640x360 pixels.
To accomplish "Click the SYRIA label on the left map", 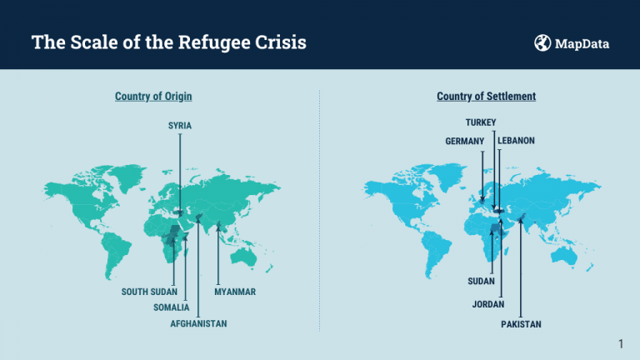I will (x=180, y=125).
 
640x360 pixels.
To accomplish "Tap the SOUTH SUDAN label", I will (x=149, y=292).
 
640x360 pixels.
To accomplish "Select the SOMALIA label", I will (x=172, y=307).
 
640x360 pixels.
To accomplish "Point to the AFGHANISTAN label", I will (x=198, y=322).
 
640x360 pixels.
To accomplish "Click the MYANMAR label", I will (x=234, y=292).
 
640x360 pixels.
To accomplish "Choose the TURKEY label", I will (x=481, y=122).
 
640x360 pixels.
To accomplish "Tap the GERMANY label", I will (x=465, y=141).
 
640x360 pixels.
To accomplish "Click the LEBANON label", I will (x=516, y=141).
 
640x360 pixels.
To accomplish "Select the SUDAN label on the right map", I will (x=482, y=281).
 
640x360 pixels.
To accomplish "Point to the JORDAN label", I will (x=488, y=304).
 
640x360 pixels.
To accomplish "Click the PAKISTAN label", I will (x=521, y=323).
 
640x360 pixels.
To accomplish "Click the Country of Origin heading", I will (x=153, y=97).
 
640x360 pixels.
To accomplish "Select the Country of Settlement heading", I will (x=486, y=97).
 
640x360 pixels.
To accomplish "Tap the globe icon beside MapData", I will (x=542, y=42).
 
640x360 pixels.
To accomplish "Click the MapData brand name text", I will (x=582, y=43).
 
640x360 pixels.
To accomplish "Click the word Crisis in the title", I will (x=285, y=42).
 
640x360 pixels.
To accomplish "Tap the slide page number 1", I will (x=621, y=343).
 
